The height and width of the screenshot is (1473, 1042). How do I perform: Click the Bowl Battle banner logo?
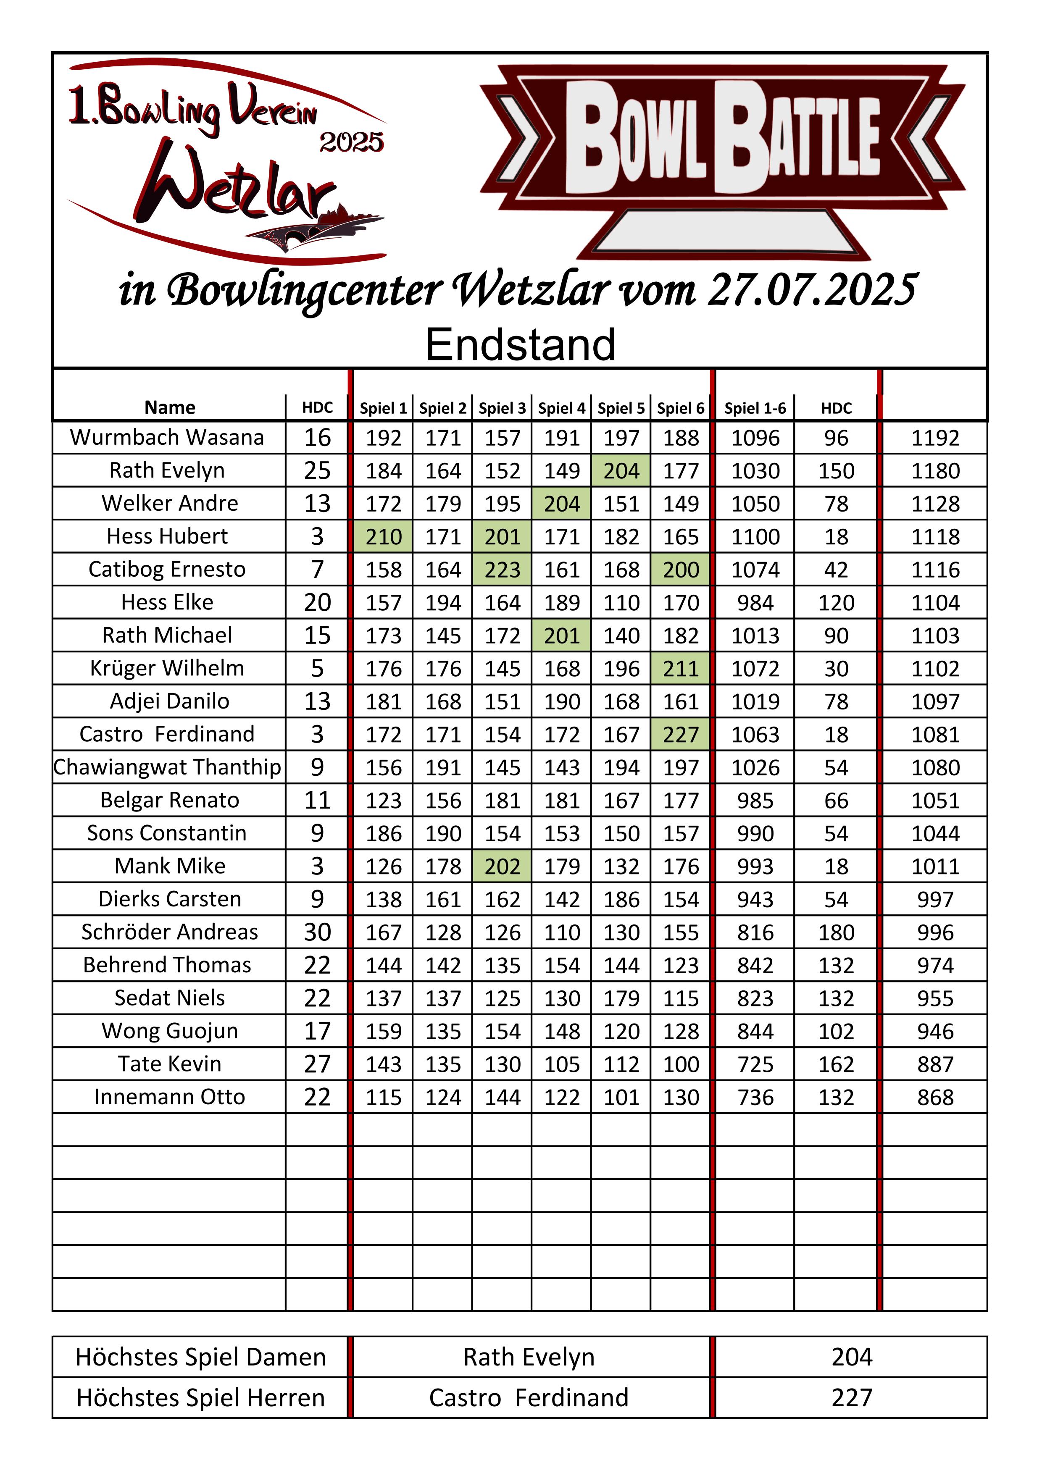723,157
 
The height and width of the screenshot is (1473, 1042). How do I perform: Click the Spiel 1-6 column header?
755,408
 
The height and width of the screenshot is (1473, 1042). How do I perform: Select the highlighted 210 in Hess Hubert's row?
383,536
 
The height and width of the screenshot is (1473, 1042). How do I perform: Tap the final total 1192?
935,438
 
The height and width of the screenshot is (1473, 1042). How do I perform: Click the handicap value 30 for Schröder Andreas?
317,932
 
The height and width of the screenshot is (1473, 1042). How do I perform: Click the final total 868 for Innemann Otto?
935,1097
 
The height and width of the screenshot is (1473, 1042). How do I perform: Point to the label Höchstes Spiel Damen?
200,1357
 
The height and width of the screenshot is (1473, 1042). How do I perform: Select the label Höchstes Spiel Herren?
200,1398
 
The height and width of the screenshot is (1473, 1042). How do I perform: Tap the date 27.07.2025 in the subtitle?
812,290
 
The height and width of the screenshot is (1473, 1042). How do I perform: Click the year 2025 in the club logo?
352,142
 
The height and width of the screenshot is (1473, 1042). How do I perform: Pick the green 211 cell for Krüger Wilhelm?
680,669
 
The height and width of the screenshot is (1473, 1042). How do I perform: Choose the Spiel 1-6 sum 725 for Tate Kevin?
755,1064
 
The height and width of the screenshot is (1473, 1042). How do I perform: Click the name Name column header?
169,407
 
